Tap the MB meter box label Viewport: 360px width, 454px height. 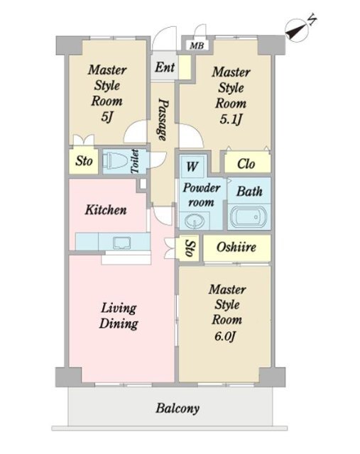(x=197, y=45)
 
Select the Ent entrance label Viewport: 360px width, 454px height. (x=165, y=67)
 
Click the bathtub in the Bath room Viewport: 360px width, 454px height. (x=249, y=216)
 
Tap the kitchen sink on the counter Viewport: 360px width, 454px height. (x=122, y=243)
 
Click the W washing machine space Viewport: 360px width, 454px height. (x=192, y=166)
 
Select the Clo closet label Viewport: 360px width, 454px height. (x=246, y=164)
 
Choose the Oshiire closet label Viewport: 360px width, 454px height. (x=236, y=247)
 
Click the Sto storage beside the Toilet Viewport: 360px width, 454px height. (x=84, y=161)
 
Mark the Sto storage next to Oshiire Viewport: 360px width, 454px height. (x=189, y=248)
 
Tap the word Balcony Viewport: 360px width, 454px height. (x=178, y=409)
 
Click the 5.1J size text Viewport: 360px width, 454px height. (x=231, y=119)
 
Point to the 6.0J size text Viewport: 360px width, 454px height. (x=226, y=336)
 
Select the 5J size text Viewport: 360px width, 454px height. (x=107, y=116)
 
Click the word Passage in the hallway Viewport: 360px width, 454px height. (x=163, y=119)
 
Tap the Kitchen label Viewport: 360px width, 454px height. (x=106, y=210)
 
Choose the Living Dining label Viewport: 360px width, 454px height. (x=119, y=316)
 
